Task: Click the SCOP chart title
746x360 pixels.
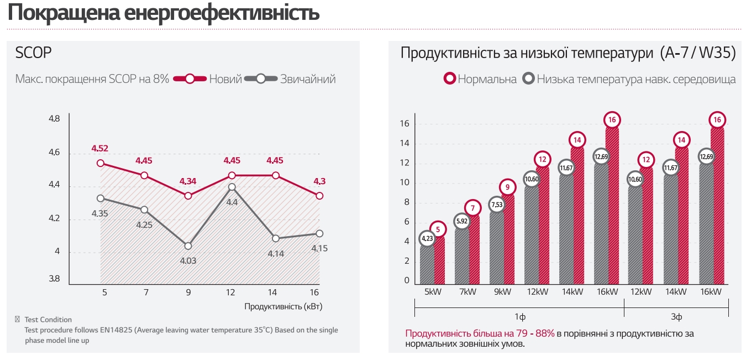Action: tap(33, 53)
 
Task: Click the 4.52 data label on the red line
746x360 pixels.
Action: tap(100, 148)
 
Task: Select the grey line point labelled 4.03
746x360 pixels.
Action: tap(188, 246)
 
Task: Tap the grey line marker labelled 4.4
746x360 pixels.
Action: tap(232, 187)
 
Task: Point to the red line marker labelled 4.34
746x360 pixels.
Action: tap(188, 196)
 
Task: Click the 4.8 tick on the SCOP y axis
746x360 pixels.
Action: tap(54, 118)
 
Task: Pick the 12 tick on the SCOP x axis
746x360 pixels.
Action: tap(232, 291)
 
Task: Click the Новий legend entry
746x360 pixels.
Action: tap(225, 79)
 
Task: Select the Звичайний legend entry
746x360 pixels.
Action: tap(308, 79)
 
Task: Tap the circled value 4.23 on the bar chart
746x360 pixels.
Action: tap(427, 239)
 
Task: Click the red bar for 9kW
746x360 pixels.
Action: tap(508, 238)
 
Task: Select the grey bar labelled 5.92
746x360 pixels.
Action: tap(462, 254)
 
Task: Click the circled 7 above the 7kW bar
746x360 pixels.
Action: tap(473, 208)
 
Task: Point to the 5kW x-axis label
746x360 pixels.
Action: tap(433, 291)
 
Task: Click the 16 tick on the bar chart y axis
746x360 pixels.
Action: tap(404, 124)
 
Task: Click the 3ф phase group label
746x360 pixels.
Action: tap(676, 317)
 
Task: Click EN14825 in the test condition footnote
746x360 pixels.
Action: tap(119, 330)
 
